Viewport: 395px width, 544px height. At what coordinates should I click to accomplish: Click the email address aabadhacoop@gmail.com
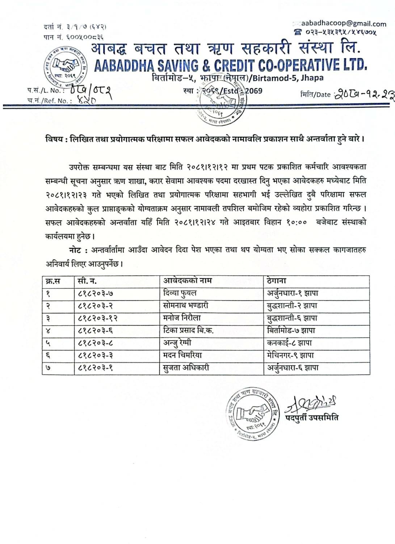tap(343, 24)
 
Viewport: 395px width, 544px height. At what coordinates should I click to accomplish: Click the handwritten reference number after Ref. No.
tap(87, 101)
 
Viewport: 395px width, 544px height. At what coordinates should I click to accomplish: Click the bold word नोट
tap(77, 250)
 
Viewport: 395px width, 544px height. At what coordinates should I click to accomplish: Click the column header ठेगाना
tap(277, 281)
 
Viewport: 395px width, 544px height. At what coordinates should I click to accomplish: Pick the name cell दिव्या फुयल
tap(180, 293)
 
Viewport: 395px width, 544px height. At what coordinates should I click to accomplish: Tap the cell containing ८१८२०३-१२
tap(98, 318)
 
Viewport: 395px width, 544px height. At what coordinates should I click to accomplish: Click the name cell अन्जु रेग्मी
tap(177, 343)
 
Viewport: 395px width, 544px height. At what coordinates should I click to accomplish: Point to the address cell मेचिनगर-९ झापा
tap(289, 355)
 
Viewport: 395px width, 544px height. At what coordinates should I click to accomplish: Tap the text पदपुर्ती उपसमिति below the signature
tap(312, 417)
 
